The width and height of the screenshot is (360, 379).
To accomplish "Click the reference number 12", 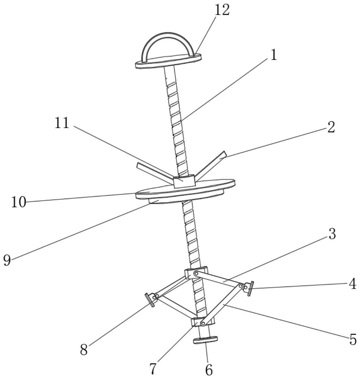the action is (x=221, y=10).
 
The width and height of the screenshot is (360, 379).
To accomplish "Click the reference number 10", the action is (x=18, y=202).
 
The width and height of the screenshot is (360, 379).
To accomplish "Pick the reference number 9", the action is (x=7, y=260).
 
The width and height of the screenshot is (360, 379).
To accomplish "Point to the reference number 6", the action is (x=209, y=370).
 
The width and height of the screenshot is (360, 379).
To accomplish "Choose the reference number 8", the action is (x=84, y=350).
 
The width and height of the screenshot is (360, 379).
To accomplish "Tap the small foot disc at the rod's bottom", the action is (x=206, y=340).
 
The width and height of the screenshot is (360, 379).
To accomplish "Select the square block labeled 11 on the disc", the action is (x=184, y=181).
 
